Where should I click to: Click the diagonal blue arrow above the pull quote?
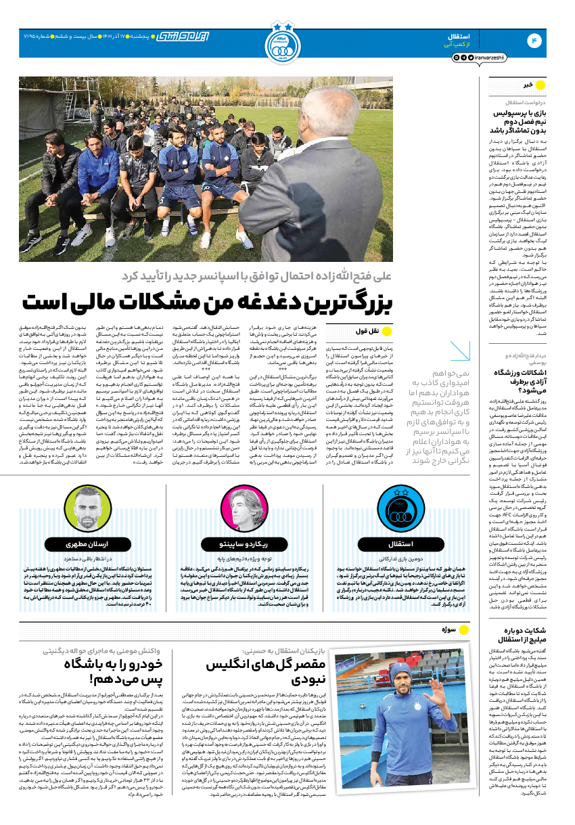pyautogui.click(x=460, y=351)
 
